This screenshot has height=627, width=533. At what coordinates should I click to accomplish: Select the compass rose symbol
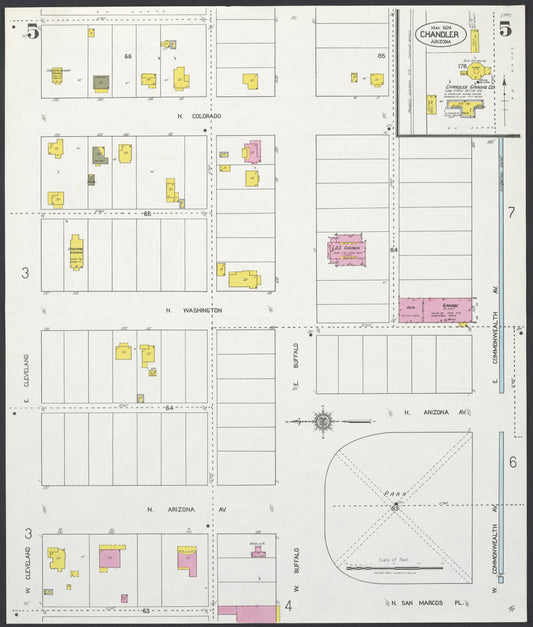click(323, 422)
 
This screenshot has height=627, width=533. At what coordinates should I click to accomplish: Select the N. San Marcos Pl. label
click(428, 603)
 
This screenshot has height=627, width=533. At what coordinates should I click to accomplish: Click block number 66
click(128, 55)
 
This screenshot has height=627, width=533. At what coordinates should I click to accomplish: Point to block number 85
click(381, 55)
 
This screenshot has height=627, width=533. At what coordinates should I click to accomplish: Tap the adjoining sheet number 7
click(510, 212)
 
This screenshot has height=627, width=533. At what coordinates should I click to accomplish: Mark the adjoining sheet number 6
click(511, 462)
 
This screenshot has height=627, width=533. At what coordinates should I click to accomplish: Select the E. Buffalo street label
click(296, 372)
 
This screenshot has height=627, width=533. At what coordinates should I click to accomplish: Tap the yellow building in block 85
click(376, 79)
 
